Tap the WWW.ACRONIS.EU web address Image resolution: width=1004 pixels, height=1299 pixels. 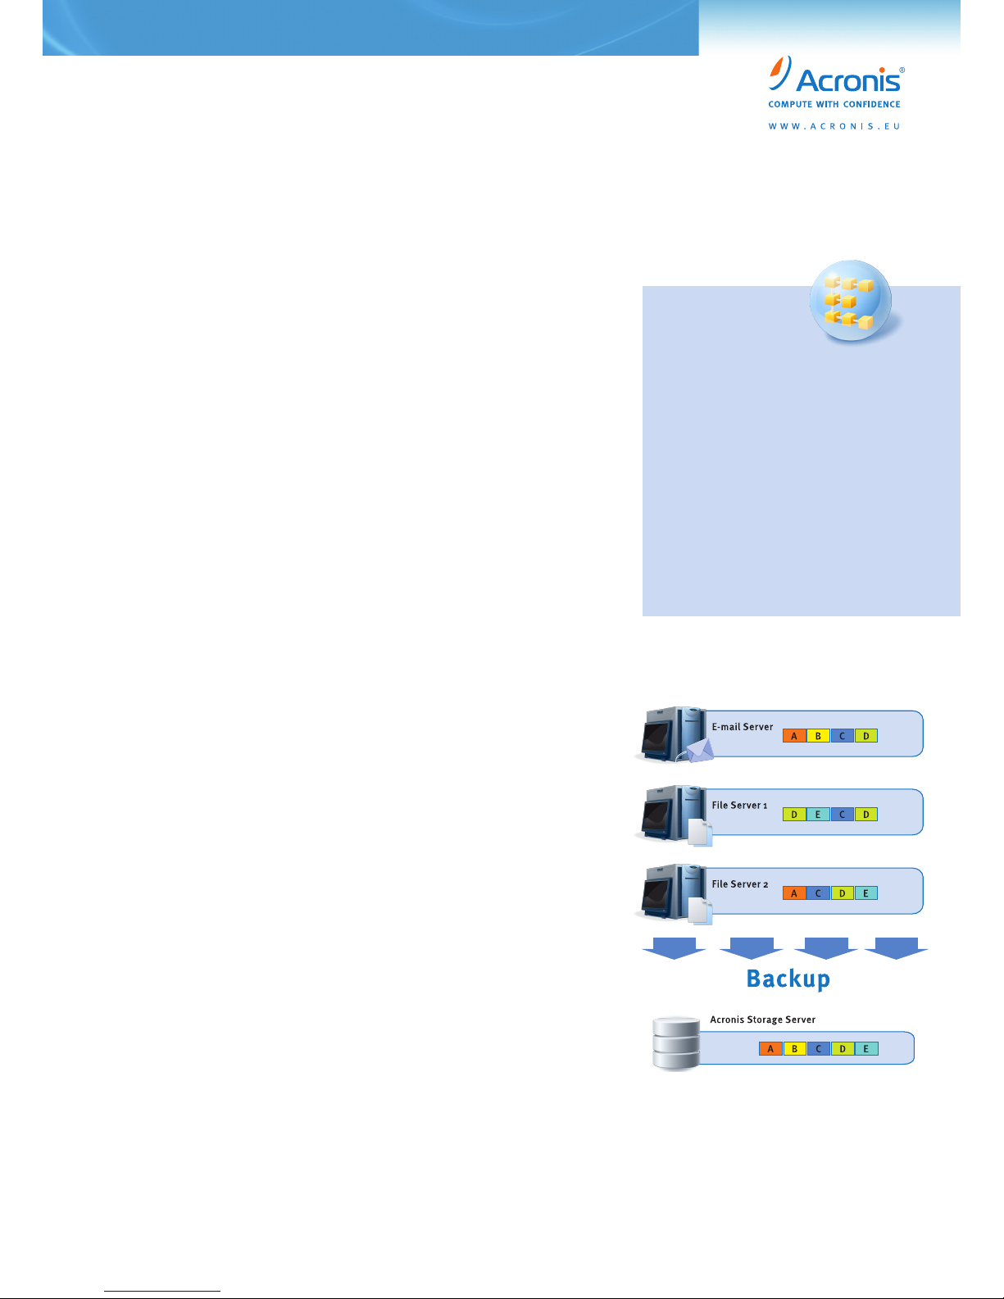click(834, 126)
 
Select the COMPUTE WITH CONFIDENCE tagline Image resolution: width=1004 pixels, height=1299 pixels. click(834, 104)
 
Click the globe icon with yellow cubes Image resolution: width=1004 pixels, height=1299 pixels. click(851, 301)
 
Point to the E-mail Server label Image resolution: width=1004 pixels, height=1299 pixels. click(743, 727)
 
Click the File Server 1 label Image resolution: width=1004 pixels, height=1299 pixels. click(739, 806)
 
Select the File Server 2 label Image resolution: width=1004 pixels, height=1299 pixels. click(740, 884)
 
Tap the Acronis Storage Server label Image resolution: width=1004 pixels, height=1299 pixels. click(762, 1020)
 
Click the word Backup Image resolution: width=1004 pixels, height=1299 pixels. click(788, 979)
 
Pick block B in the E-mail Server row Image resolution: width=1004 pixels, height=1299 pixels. click(818, 736)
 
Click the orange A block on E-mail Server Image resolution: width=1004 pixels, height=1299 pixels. click(794, 736)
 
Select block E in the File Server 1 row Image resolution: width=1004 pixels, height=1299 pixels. click(818, 814)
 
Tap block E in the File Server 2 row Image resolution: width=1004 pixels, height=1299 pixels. click(866, 893)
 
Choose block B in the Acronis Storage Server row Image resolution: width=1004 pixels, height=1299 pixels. click(795, 1048)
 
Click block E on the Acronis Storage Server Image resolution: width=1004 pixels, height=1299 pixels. click(866, 1048)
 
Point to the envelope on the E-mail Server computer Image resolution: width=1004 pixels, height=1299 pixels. click(700, 750)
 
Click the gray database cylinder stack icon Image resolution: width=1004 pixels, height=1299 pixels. click(676, 1044)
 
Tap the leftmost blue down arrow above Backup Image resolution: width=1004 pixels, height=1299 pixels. click(674, 948)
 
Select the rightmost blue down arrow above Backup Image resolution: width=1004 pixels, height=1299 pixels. click(896, 948)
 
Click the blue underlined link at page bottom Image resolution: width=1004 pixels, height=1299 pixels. click(162, 1292)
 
